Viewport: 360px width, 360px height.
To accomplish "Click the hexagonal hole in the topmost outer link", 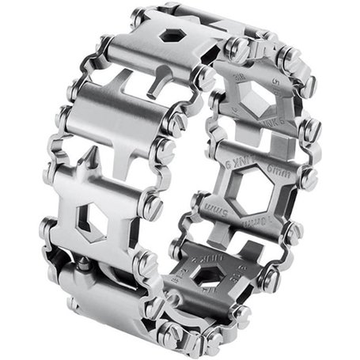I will click(169, 36).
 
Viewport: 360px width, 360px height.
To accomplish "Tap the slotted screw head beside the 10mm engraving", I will click(294, 230).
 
